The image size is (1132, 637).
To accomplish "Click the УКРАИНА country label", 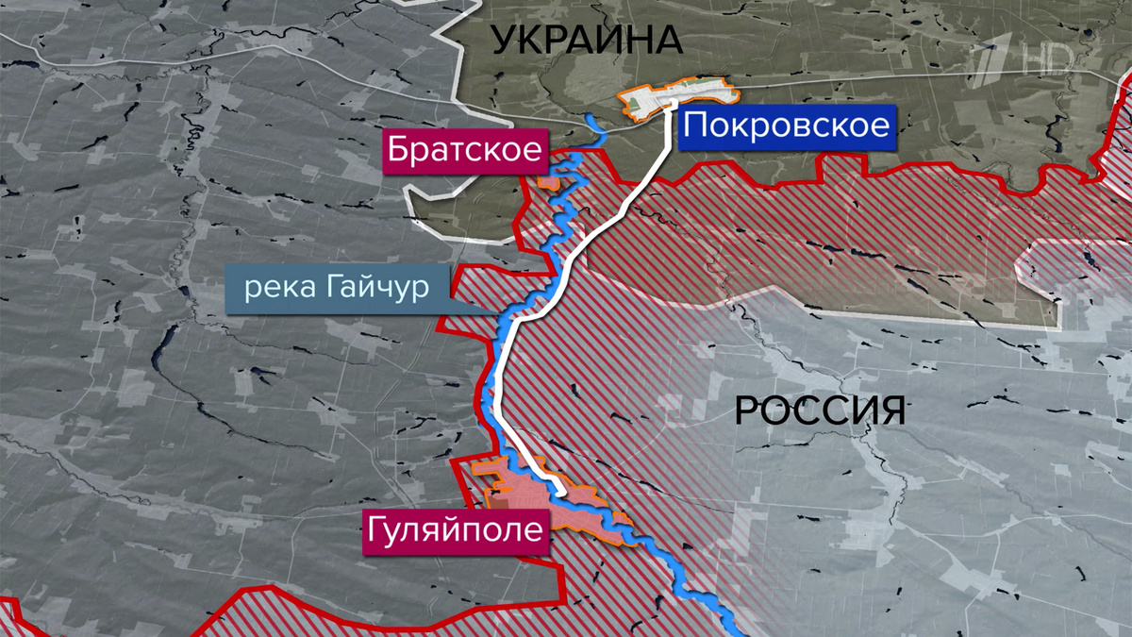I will pos(587,40).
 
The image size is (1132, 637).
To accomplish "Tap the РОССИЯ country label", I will pos(820,411).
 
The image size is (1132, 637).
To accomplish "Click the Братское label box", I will pos(466,150).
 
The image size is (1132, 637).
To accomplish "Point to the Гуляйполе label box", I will pos(455,528).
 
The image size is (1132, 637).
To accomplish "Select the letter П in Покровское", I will pos(692,126).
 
